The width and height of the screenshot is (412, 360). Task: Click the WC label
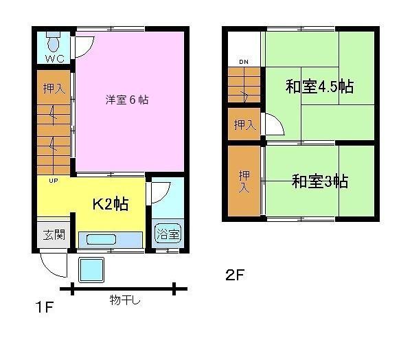pos(54,59)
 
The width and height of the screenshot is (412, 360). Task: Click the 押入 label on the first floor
pos(54,89)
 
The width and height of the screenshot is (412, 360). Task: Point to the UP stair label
pos(53,181)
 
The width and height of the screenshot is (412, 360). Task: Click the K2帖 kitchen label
pos(111,205)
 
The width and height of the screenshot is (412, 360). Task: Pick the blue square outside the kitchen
pos(91,270)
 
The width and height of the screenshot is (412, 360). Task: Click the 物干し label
pos(124,300)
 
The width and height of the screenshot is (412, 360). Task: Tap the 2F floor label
pos(234,275)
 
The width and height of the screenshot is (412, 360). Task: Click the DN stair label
pos(244,63)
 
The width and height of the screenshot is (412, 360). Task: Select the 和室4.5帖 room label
pos(319,87)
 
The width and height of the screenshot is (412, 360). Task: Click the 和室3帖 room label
pos(319,181)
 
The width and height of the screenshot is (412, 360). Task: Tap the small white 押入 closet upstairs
pos(244,125)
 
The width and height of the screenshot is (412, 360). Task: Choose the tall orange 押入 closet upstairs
pos(244,181)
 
